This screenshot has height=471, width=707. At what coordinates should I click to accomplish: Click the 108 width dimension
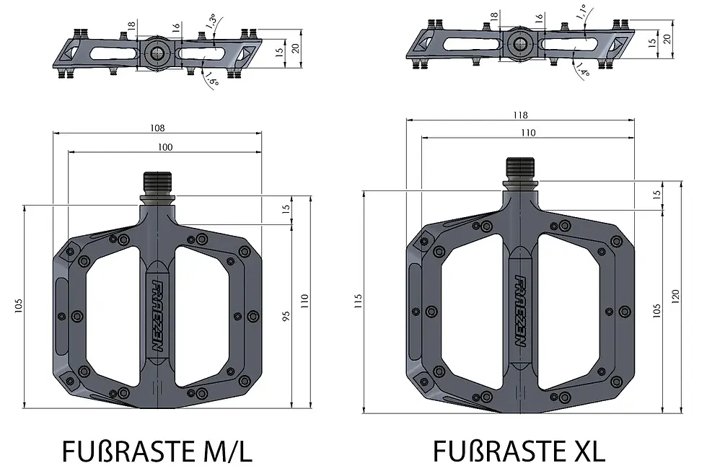158,128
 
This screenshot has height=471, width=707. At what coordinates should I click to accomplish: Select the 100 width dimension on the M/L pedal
164,147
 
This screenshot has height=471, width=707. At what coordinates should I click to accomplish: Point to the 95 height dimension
286,318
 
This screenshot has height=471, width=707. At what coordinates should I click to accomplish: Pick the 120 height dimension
676,295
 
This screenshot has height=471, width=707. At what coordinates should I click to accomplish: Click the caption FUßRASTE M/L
157,452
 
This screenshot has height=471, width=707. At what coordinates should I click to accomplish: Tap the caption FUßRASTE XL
519,452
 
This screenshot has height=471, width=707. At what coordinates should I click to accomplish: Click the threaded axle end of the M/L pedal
158,182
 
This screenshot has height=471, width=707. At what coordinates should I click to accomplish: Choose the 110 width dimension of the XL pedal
528,133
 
